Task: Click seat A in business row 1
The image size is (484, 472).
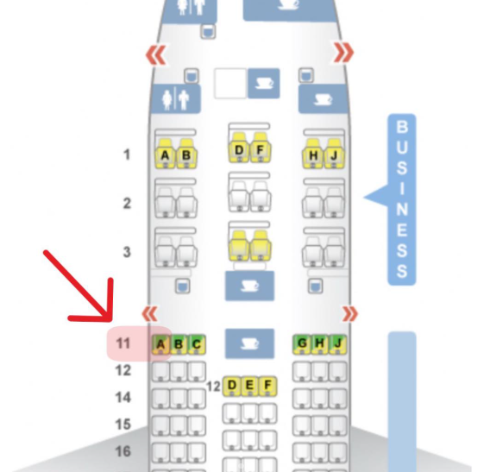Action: pyautogui.click(x=165, y=154)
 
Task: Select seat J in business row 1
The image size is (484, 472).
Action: pyautogui.click(x=334, y=154)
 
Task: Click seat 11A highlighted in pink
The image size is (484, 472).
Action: pyautogui.click(x=160, y=344)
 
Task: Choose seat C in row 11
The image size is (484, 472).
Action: pyautogui.click(x=197, y=344)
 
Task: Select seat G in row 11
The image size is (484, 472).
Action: pyautogui.click(x=302, y=343)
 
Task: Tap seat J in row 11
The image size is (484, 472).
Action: pyautogui.click(x=338, y=343)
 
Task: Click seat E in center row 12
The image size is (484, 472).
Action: pyautogui.click(x=249, y=386)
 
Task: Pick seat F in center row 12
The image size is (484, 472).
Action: pyautogui.click(x=267, y=386)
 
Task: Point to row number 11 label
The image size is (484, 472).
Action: pyautogui.click(x=123, y=343)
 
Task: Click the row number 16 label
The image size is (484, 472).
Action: pyautogui.click(x=123, y=451)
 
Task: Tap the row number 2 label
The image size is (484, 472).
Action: pyautogui.click(x=127, y=204)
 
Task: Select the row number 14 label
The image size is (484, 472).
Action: pyautogui.click(x=123, y=397)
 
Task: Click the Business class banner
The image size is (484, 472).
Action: pyautogui.click(x=401, y=199)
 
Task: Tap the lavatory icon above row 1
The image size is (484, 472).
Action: pyautogui.click(x=175, y=98)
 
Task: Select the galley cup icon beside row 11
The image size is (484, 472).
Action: pyautogui.click(x=249, y=343)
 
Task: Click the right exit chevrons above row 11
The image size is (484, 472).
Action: pyautogui.click(x=350, y=314)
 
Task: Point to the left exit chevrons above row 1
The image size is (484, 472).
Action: pyautogui.click(x=156, y=54)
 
